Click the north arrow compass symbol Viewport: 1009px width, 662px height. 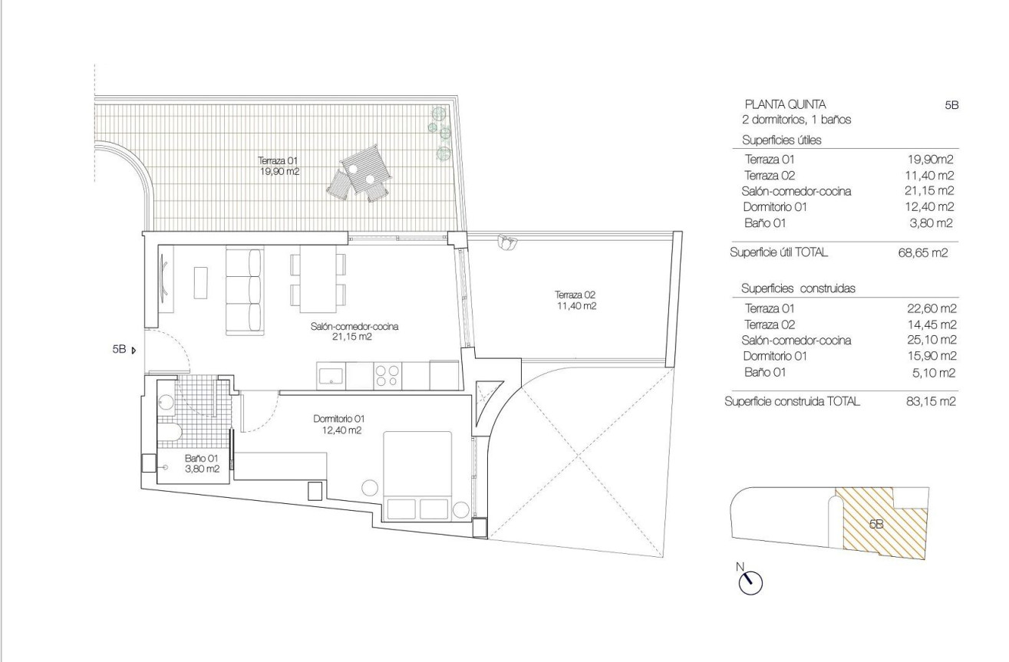point(750,582)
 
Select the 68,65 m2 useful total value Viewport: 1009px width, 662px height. point(926,252)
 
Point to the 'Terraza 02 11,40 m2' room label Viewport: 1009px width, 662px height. point(576,300)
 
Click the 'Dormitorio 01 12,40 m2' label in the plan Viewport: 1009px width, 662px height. point(338,424)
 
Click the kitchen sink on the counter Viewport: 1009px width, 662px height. point(331,375)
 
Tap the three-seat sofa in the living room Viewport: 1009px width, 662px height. point(244,291)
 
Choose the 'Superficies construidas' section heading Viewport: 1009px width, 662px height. point(798,288)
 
